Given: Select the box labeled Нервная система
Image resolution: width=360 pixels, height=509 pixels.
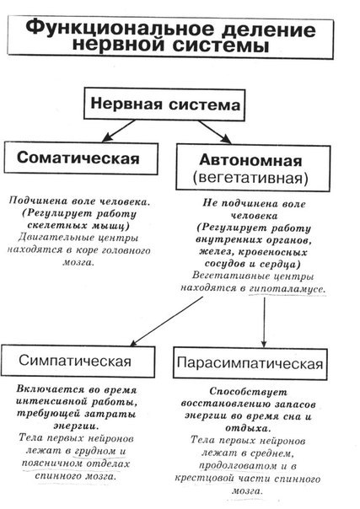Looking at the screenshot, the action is (x=164, y=104).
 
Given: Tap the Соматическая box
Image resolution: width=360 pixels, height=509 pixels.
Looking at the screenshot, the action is (x=81, y=158).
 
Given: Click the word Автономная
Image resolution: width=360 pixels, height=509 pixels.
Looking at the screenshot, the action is (x=250, y=160).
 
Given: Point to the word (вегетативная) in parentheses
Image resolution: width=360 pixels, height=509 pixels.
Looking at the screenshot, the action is (x=250, y=178).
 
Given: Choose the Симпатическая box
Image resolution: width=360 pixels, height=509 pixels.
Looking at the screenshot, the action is (x=78, y=361).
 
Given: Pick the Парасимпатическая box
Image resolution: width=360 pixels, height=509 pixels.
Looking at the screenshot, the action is (x=250, y=363).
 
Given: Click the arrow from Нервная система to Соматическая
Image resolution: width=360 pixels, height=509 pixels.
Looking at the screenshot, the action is (x=118, y=131).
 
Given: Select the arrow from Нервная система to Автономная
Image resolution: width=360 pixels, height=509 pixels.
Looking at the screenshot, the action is (x=215, y=132).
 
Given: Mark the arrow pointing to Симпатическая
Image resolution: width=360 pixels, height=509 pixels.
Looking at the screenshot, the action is (x=167, y=321).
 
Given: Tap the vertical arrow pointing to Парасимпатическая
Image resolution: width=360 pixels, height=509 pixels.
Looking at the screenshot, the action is (x=264, y=323).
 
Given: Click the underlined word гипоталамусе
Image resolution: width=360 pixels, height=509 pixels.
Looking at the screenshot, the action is (x=287, y=288).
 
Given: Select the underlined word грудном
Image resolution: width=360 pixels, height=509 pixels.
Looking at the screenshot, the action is (x=95, y=451).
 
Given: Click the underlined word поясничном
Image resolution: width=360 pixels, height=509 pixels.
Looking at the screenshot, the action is (x=52, y=463).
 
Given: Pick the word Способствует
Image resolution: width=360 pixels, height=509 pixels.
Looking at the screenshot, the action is (x=249, y=392).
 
